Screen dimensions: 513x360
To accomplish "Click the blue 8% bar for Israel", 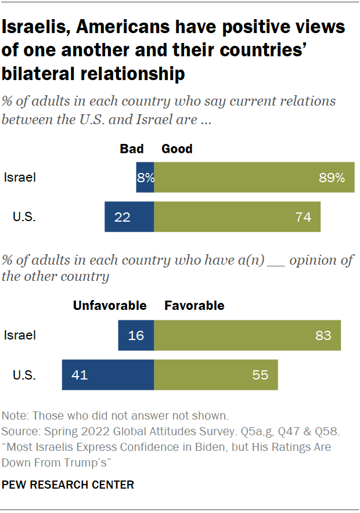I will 145,178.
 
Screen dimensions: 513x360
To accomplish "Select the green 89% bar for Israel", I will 254,178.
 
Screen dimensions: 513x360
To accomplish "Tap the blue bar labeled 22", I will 129,218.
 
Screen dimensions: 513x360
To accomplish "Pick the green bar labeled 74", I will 237,218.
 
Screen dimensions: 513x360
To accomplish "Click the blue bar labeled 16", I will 136,335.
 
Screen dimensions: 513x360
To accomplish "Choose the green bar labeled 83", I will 247,335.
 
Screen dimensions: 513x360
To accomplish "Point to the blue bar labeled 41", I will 108,374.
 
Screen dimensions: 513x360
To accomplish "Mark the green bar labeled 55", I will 216,374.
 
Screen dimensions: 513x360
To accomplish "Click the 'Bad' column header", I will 132,149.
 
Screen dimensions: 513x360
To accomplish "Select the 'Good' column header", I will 177,149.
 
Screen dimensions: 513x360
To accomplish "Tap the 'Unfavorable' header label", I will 110,305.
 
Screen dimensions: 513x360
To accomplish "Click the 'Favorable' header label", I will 195,305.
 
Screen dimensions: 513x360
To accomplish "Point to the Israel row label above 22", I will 20,178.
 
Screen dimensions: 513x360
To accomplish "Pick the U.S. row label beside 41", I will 24,374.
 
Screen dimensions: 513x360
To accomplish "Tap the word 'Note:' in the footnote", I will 15,416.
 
